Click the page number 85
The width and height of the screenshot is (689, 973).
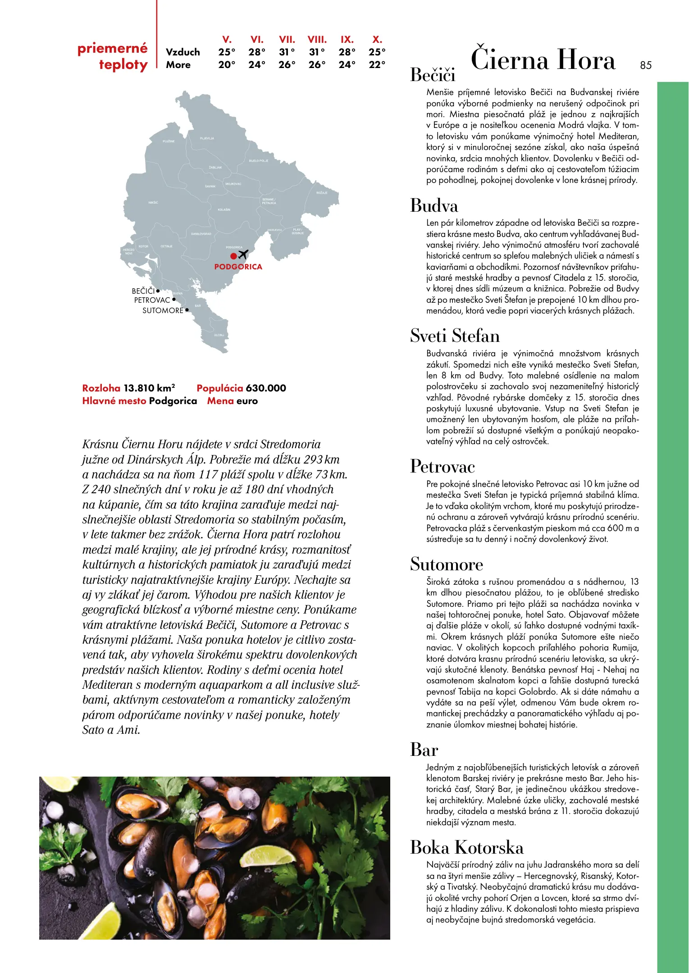(645, 65)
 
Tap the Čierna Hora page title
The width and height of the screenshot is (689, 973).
(543, 60)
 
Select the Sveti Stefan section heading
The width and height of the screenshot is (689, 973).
(455, 336)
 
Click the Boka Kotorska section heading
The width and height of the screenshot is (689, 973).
(466, 847)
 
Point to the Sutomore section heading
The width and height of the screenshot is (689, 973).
(446, 564)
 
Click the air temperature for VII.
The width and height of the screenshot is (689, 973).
(287, 52)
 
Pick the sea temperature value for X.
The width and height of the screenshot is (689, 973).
(377, 65)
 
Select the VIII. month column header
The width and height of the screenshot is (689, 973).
(317, 40)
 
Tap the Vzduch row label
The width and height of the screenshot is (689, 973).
(183, 52)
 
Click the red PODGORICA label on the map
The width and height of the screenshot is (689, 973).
(238, 267)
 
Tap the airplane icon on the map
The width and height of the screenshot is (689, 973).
(243, 255)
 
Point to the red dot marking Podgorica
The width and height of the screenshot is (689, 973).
(233, 256)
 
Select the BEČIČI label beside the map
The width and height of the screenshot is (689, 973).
(143, 291)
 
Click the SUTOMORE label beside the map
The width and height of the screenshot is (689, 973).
(163, 310)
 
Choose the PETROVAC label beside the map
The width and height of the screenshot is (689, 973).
(152, 300)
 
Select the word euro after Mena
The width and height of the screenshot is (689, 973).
(247, 401)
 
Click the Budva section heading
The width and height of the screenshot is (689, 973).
(433, 206)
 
